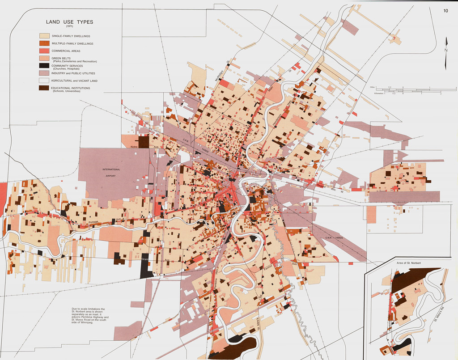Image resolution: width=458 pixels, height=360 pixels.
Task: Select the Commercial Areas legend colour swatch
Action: [x=44, y=51]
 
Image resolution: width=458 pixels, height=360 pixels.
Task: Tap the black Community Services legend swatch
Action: [x=44, y=66]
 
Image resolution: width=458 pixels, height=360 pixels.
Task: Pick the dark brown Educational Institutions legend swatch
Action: [x=44, y=89]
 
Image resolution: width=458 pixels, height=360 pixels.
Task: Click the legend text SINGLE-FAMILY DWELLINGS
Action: [x=71, y=36]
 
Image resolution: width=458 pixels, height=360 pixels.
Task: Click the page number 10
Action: [x=445, y=11]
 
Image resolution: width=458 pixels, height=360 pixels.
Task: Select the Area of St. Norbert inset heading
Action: [x=409, y=263]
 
